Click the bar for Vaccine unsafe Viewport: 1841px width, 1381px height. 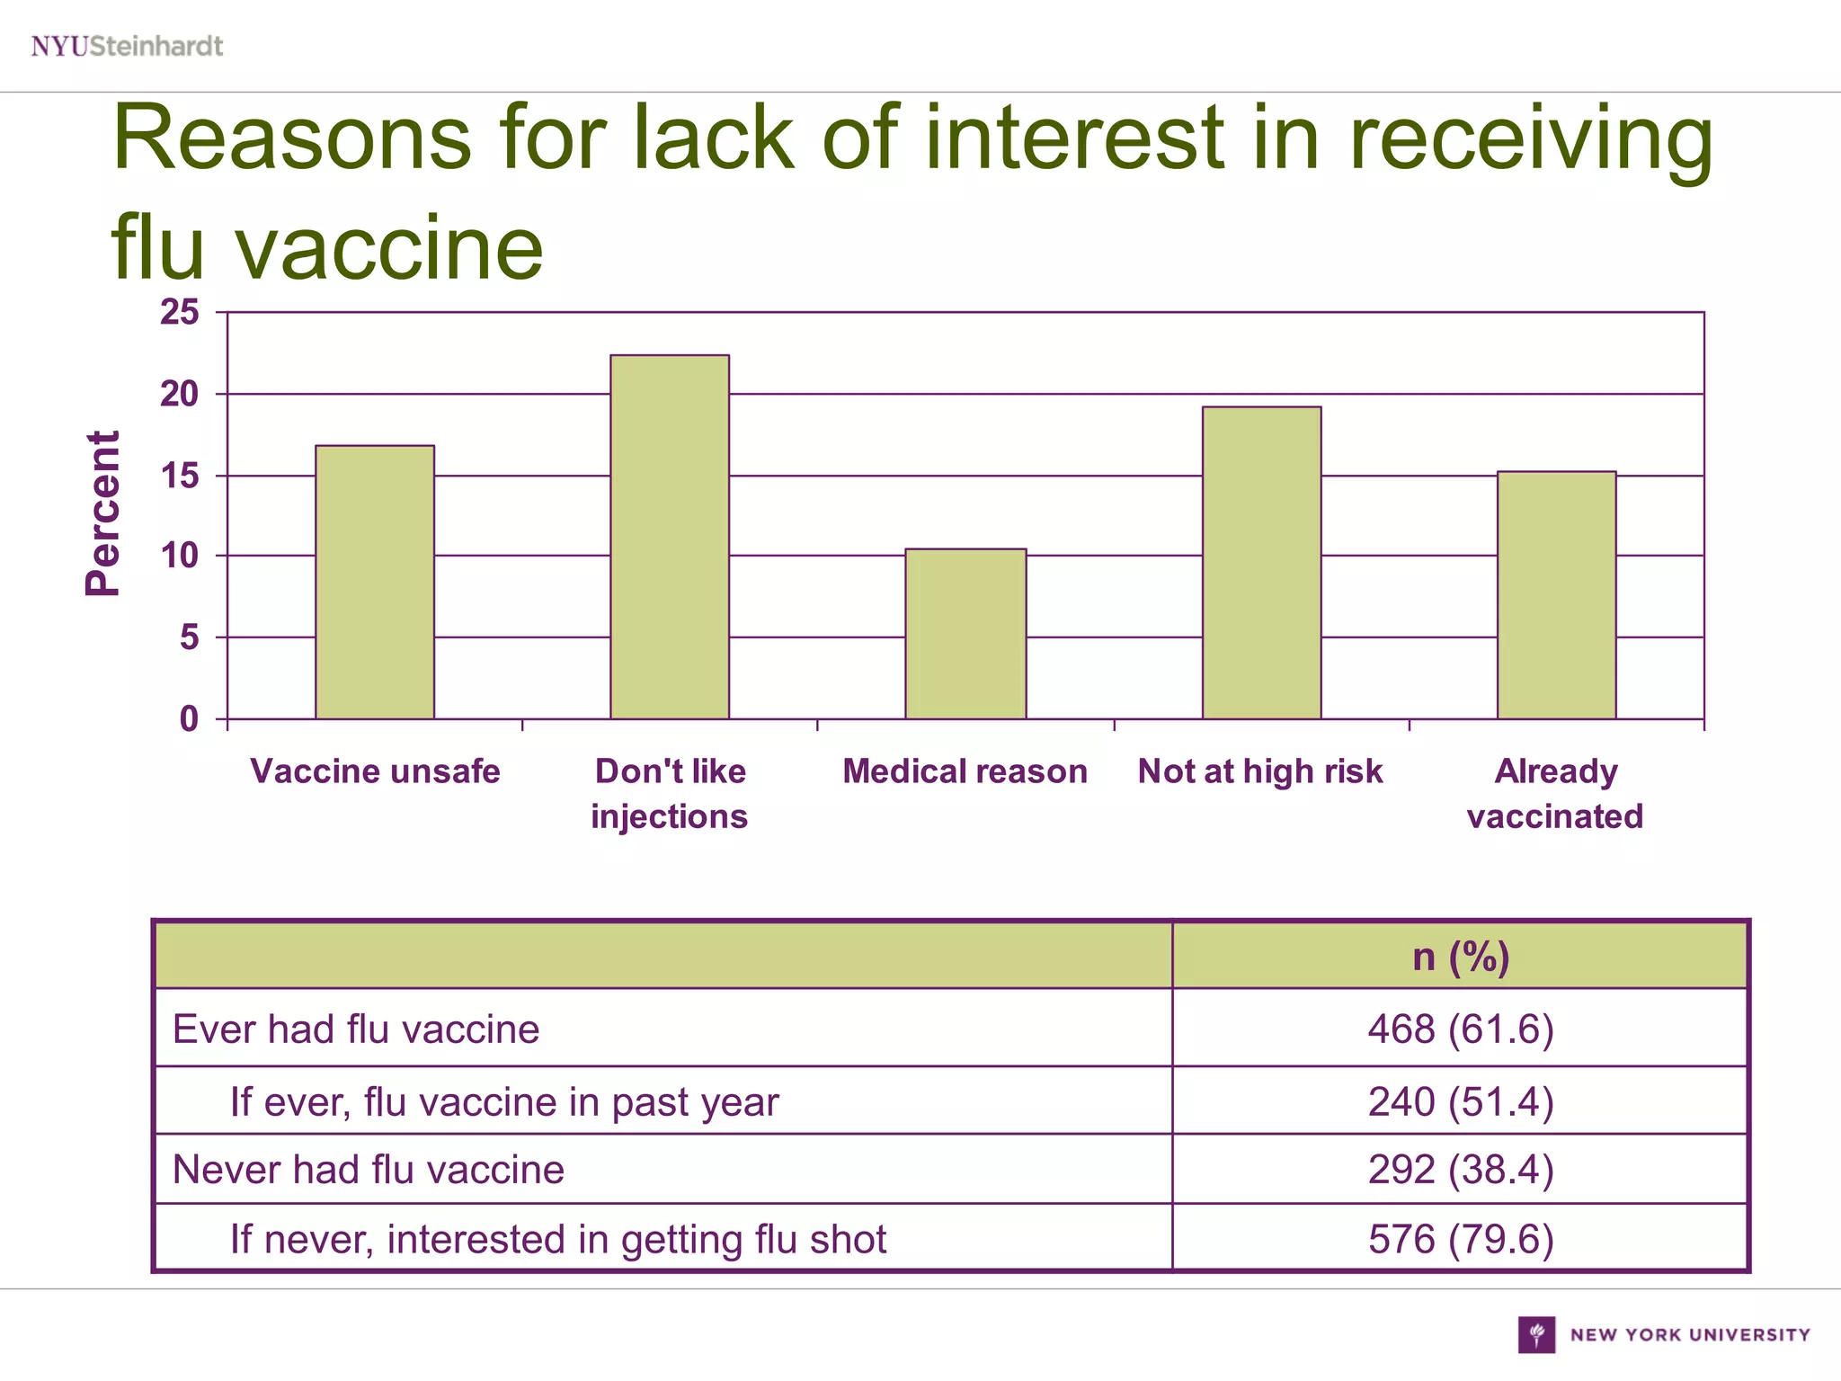(375, 582)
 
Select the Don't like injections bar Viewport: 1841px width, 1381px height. (670, 537)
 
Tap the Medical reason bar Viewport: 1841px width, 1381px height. (965, 634)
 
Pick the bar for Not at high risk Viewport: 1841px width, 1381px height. (1261, 563)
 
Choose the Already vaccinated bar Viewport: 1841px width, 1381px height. (1556, 595)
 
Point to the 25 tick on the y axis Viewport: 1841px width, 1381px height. (180, 313)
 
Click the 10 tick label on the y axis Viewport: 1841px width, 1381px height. (180, 557)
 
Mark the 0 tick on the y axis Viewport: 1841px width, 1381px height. (189, 719)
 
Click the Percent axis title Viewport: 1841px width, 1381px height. (102, 513)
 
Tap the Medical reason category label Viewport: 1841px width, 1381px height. (965, 771)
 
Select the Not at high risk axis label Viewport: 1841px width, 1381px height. (1260, 771)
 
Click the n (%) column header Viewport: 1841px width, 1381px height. (1461, 956)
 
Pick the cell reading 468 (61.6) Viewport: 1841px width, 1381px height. (1461, 1029)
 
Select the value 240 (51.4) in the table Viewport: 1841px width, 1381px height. (1461, 1101)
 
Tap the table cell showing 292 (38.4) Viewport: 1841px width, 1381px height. (1461, 1170)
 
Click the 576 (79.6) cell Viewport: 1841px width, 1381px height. (1461, 1239)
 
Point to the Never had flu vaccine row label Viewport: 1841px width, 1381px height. (369, 1170)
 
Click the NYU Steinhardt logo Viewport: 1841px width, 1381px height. (127, 46)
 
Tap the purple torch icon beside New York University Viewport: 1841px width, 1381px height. (1536, 1334)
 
